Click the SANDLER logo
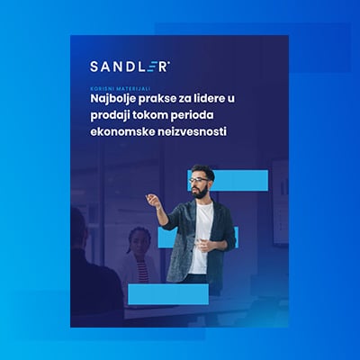click(130, 66)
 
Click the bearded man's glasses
click(199, 181)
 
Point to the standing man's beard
click(199, 191)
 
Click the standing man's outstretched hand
click(152, 199)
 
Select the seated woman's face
click(139, 240)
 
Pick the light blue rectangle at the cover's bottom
click(168, 293)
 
